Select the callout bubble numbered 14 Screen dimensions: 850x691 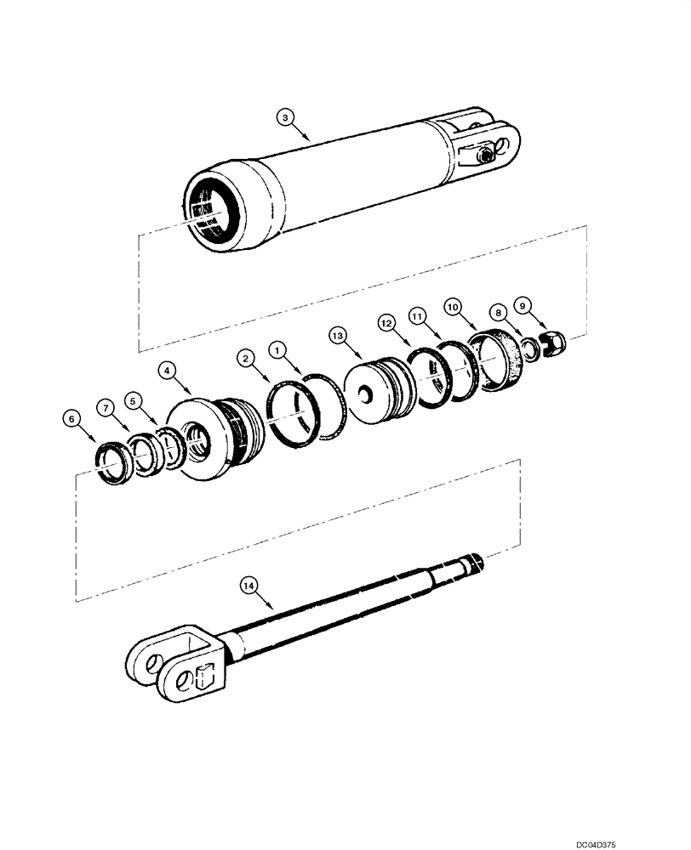click(248, 585)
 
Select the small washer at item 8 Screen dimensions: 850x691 click(529, 348)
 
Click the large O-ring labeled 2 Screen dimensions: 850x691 click(293, 412)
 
